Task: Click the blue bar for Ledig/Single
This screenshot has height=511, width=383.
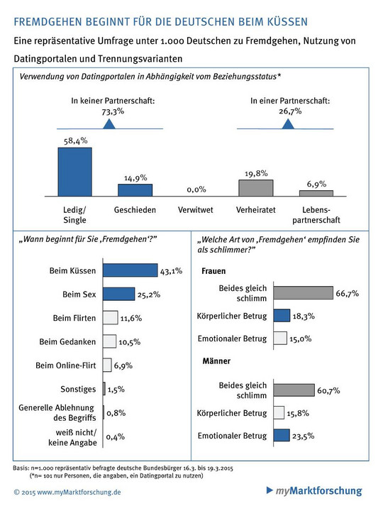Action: [75, 172]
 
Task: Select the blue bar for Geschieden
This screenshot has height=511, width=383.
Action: [135, 190]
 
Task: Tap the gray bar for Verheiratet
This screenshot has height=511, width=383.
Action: [255, 188]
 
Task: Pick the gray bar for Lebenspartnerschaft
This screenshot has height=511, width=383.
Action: [316, 193]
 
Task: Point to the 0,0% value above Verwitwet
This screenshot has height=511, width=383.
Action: [196, 189]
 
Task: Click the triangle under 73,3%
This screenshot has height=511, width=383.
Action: [109, 123]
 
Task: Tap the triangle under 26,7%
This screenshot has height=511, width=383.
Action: [288, 123]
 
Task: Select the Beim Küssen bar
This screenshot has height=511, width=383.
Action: [131, 270]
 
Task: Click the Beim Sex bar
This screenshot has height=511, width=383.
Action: [119, 294]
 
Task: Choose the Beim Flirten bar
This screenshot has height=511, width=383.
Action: [111, 318]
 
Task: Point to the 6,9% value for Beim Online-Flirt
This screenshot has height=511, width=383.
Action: [123, 366]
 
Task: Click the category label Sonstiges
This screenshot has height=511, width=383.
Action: [78, 389]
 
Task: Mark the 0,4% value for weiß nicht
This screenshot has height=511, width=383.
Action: [116, 436]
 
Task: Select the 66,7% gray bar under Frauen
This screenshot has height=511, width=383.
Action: [304, 292]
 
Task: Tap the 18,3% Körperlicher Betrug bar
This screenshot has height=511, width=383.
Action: [282, 315]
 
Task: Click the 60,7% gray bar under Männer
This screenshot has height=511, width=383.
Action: [294, 390]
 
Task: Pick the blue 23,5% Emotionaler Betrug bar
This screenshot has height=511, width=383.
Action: [282, 435]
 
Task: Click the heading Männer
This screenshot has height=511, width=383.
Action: [216, 361]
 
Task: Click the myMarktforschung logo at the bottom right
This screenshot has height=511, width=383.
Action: [314, 490]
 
